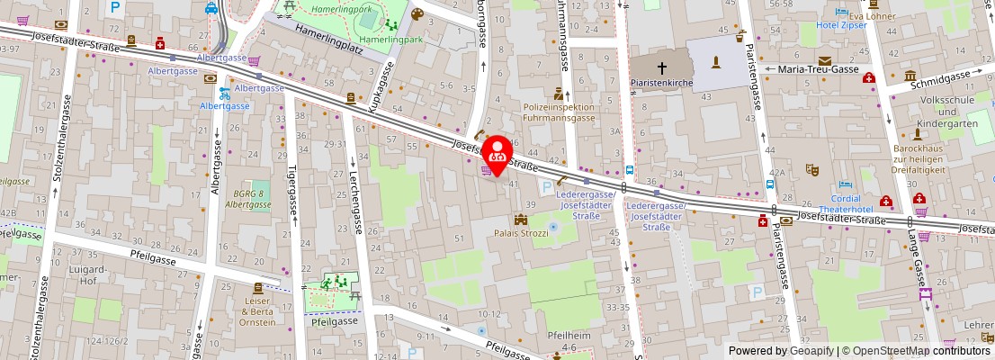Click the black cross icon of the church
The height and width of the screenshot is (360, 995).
(x=662, y=67)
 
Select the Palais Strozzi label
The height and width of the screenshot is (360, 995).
(x=521, y=233)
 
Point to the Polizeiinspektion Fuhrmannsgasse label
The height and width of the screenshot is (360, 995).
(x=559, y=112)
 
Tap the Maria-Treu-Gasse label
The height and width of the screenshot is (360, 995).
(x=814, y=68)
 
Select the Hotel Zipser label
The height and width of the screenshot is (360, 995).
(x=840, y=25)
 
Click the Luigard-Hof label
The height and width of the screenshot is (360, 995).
(x=88, y=274)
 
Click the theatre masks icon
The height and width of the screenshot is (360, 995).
(x=811, y=168)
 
